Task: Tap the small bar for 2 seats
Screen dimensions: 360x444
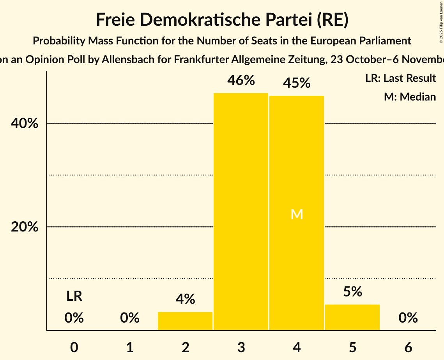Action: click(x=185, y=321)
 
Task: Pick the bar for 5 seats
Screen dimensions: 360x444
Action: click(x=352, y=317)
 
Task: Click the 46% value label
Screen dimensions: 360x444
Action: click(x=241, y=81)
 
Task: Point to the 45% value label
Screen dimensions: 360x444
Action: click(x=297, y=83)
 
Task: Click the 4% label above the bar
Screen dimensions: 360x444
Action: click(x=185, y=299)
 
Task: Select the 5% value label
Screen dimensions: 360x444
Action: click(x=352, y=292)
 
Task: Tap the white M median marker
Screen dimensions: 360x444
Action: click(x=297, y=214)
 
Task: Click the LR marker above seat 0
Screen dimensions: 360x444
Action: click(x=74, y=296)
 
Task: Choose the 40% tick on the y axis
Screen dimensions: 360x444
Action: click(x=24, y=124)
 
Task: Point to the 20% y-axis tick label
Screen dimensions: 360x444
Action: click(x=24, y=227)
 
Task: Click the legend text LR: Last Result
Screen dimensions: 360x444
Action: click(x=400, y=78)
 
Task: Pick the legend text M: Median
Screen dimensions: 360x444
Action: click(x=410, y=97)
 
